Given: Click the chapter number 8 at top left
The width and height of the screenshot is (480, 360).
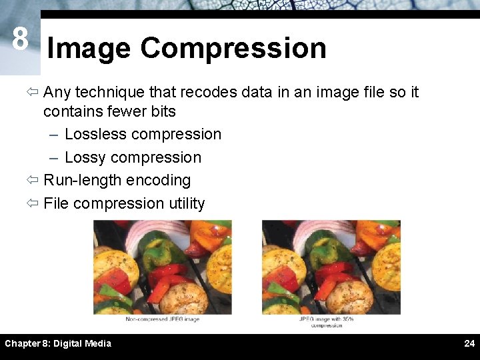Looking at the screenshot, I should tap(20, 39).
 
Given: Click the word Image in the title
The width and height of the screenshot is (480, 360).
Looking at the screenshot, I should tap(89, 49).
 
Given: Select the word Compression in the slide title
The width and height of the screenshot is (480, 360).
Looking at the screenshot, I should tap(233, 49).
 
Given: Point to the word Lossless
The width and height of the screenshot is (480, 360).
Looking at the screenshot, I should tap(95, 134).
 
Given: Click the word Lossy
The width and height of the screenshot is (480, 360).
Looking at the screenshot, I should tap(85, 157).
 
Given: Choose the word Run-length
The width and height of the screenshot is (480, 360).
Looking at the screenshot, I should tap(81, 180).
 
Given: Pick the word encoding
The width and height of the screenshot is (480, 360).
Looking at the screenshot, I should tap(160, 180).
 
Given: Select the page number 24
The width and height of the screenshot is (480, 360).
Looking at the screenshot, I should tap(469, 344).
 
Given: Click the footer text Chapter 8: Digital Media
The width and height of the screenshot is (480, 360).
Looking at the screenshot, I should tap(58, 344).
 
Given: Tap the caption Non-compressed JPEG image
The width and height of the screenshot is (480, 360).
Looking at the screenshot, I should tap(162, 320).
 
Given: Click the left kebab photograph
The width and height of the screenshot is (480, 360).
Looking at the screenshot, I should tap(162, 267).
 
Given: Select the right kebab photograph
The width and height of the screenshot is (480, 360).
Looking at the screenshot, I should tap(331, 267).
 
